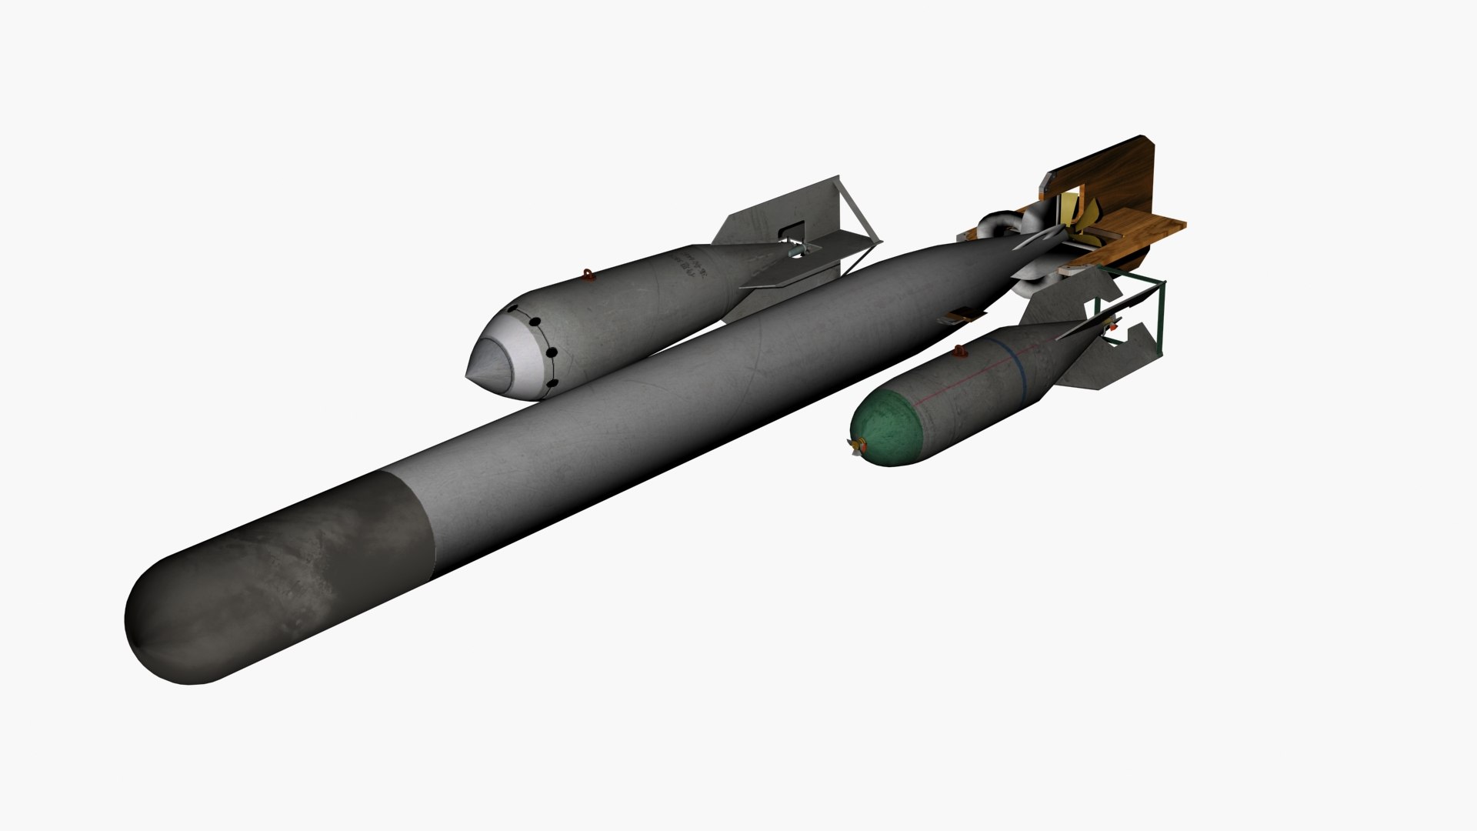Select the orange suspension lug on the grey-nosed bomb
click(x=588, y=274)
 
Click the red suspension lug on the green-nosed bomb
click(x=960, y=352)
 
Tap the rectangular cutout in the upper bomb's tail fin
click(x=792, y=230)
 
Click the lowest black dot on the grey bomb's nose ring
click(x=552, y=383)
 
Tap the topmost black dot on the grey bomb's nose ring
click(x=513, y=310)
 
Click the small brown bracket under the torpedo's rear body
click(x=962, y=315)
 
